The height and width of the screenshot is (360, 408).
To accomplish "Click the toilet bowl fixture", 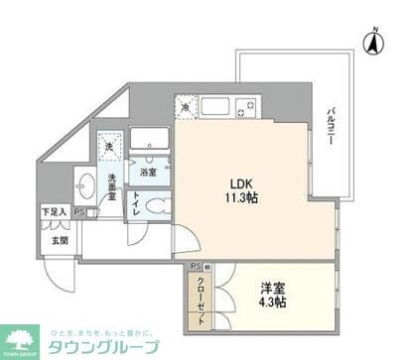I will coord(152,204).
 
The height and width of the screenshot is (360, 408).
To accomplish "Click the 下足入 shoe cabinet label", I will coord(54,212).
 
